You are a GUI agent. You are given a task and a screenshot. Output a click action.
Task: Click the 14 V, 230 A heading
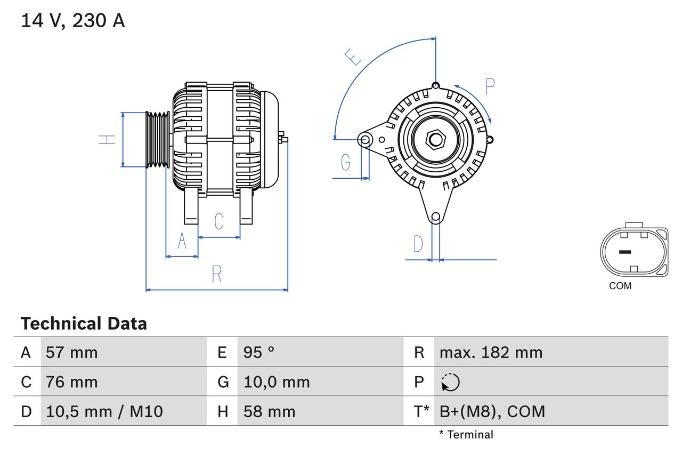pos(73,21)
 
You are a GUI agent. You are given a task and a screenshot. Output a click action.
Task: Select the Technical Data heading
pos(84,323)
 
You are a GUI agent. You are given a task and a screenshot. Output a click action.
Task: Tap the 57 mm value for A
pos(71,352)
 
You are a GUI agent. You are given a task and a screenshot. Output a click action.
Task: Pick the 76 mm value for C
pos(71,382)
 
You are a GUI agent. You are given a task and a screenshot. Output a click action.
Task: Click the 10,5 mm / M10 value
pos(104,411)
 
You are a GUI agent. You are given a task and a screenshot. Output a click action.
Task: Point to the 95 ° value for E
pos(259,352)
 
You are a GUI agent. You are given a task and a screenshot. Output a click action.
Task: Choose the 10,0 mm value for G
pos(277,382)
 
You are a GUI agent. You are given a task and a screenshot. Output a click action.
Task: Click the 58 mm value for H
pos(269,411)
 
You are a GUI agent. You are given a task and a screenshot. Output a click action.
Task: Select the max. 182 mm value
pos(491,352)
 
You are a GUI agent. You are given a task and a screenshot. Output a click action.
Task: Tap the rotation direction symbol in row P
pos(450,382)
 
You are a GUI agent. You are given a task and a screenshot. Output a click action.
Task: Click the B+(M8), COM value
pos(492,411)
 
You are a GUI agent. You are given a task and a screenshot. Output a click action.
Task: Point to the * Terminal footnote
pos(466,435)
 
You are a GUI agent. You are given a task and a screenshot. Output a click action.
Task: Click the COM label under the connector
pos(620,286)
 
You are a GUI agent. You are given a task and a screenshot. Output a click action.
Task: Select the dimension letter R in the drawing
pos(216,274)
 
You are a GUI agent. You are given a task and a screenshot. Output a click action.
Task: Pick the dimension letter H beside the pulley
pos(107,140)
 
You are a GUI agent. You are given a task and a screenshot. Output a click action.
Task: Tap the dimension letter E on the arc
pos(353,57)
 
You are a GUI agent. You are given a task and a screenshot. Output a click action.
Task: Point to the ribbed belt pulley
pos(158,140)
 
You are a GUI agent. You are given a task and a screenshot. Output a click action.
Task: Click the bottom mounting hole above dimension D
pos(435,217)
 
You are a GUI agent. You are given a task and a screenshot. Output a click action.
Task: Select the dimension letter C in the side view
pos(218,221)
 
